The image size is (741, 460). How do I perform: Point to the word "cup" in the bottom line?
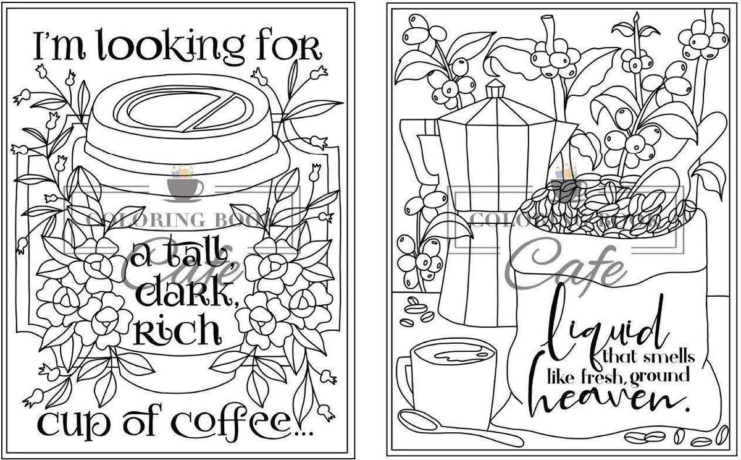pyautogui.click(x=65, y=424)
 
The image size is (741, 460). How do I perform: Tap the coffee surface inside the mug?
pyautogui.click(x=454, y=355)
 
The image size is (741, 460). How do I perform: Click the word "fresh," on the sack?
pyautogui.click(x=602, y=375)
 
